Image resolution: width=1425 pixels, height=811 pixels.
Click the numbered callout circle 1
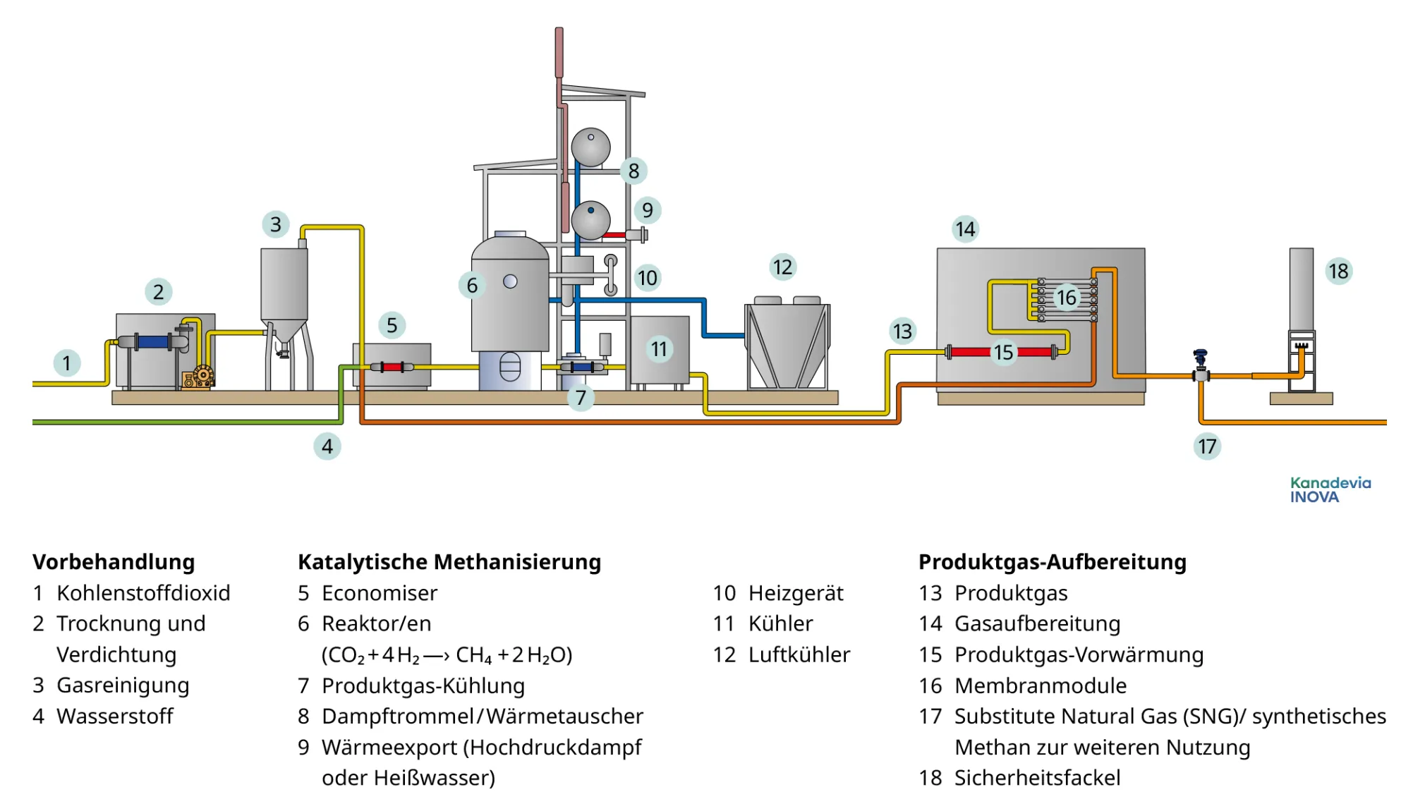(66, 363)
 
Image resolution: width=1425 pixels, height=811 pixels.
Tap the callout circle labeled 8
(633, 171)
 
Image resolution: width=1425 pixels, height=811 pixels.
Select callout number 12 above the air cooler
(782, 267)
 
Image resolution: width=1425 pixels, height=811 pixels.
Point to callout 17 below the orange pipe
(1207, 446)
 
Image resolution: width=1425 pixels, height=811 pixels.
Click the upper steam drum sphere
(590, 147)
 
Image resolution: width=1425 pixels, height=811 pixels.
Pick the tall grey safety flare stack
(1301, 289)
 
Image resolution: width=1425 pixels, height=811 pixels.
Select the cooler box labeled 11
(659, 350)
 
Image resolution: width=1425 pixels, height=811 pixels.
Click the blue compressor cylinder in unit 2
(153, 342)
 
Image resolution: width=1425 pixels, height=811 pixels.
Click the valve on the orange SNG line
(1201, 367)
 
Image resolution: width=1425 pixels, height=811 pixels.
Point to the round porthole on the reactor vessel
(510, 282)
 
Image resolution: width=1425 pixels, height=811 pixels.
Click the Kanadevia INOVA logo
(1330, 489)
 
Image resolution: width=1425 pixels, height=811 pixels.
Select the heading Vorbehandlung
(114, 562)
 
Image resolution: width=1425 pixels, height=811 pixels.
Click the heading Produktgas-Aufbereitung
(1052, 562)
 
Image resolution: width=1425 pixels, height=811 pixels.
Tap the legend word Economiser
(380, 593)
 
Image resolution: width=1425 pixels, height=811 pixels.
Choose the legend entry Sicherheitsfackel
(1037, 778)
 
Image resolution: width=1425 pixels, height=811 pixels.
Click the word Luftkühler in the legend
(799, 654)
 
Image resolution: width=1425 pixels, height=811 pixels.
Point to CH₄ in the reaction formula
(473, 655)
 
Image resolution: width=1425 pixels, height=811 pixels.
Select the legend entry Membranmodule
(1040, 685)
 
